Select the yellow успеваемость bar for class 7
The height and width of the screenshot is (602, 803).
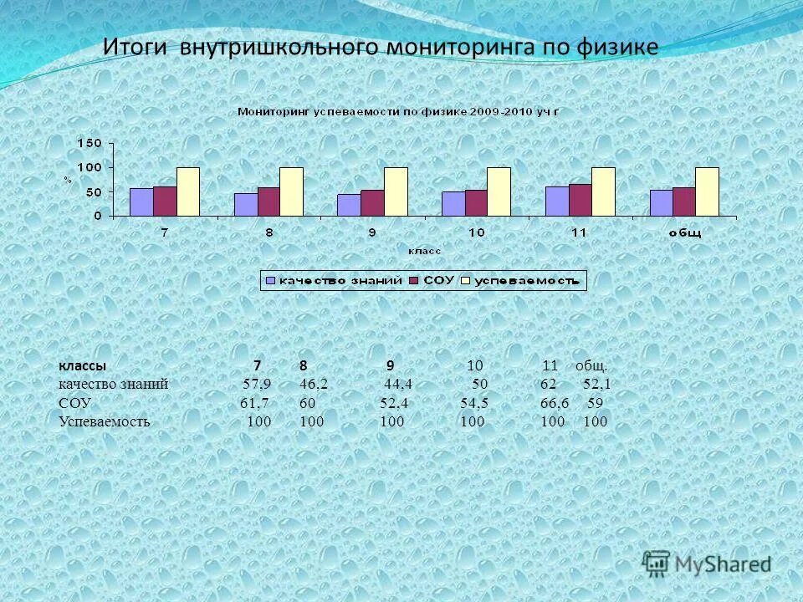click(188, 191)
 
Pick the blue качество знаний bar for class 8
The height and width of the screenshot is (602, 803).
click(246, 205)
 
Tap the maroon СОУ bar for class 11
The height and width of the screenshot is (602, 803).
click(580, 200)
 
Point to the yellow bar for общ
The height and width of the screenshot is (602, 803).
click(707, 191)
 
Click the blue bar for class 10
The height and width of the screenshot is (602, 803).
click(453, 204)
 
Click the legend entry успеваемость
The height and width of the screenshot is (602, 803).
click(527, 281)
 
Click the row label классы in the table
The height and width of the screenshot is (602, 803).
click(82, 366)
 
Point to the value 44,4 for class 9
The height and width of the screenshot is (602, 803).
click(398, 385)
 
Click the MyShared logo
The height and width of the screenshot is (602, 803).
click(707, 564)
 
